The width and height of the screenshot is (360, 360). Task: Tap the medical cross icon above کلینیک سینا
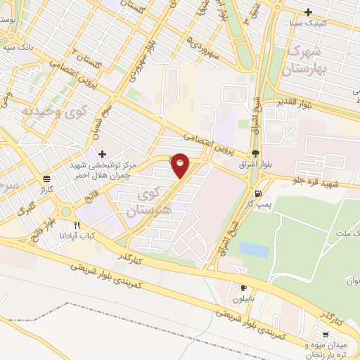[308, 12]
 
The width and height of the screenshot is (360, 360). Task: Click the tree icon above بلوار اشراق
[255, 153]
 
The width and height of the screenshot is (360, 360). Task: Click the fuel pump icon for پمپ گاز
[259, 193]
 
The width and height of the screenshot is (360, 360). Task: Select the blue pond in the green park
[253, 249]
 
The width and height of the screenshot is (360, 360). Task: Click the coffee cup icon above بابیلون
[244, 288]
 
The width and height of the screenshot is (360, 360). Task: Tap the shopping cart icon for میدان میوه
[325, 335]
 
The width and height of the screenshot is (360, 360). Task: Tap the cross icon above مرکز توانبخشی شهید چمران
[103, 153]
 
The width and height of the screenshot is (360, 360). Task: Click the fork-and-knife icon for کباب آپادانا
[77, 226]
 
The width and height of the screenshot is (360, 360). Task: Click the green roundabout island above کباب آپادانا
[66, 212]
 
